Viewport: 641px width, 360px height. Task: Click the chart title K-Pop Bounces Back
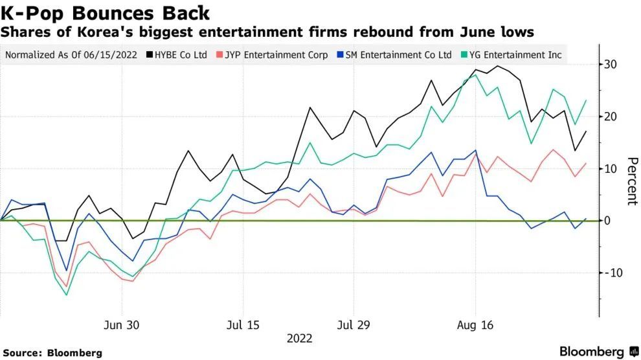[106, 12]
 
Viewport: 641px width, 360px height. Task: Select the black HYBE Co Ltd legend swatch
[150, 55]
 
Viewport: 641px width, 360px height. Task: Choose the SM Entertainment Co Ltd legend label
[398, 55]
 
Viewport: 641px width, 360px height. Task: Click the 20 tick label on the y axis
[611, 117]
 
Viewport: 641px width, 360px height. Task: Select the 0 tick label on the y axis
[607, 221]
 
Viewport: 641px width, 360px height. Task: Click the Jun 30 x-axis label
[121, 324]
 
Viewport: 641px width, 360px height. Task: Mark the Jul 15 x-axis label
[242, 324]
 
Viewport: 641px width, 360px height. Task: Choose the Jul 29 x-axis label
[354, 324]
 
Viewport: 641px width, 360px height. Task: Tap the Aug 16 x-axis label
[476, 324]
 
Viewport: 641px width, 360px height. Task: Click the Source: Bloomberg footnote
[52, 353]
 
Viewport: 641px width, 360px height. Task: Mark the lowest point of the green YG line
[66, 295]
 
